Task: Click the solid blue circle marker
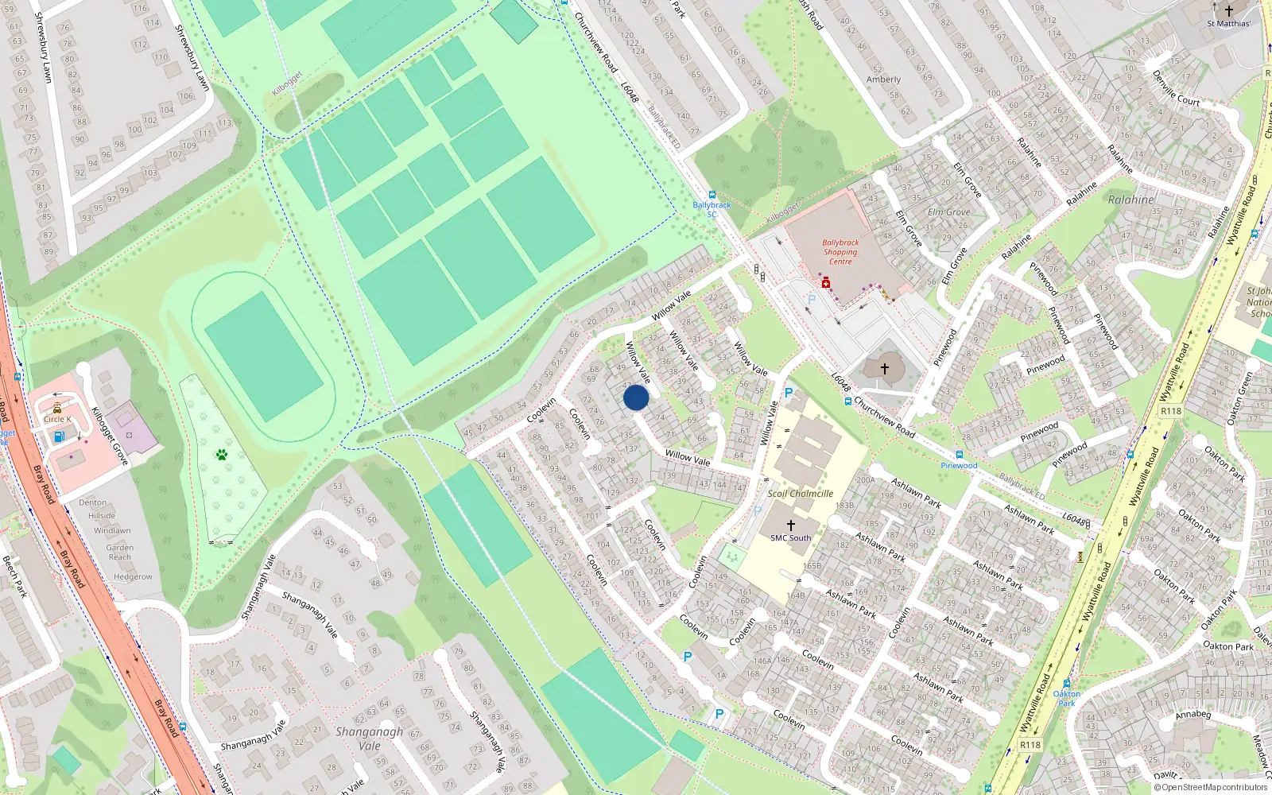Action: pos(636,397)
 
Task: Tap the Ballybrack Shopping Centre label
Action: pos(840,252)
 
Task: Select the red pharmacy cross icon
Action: pos(826,282)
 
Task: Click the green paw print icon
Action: pos(221,455)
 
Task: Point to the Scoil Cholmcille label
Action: pos(800,494)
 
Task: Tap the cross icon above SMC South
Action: pos(790,525)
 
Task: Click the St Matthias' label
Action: pos(1228,24)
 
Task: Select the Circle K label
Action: pos(57,419)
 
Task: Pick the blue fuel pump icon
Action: pos(58,436)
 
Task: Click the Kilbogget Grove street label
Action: pos(110,436)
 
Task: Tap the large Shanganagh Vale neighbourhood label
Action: pos(369,739)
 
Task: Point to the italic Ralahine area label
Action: pos(1130,200)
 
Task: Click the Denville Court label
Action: pos(1177,88)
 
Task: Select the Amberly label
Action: pos(883,79)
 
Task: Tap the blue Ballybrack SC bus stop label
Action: pos(712,209)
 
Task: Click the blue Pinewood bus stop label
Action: pos(959,466)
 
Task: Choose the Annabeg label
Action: pos(1193,715)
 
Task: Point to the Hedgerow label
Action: pos(133,577)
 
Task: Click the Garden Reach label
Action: pos(120,553)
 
